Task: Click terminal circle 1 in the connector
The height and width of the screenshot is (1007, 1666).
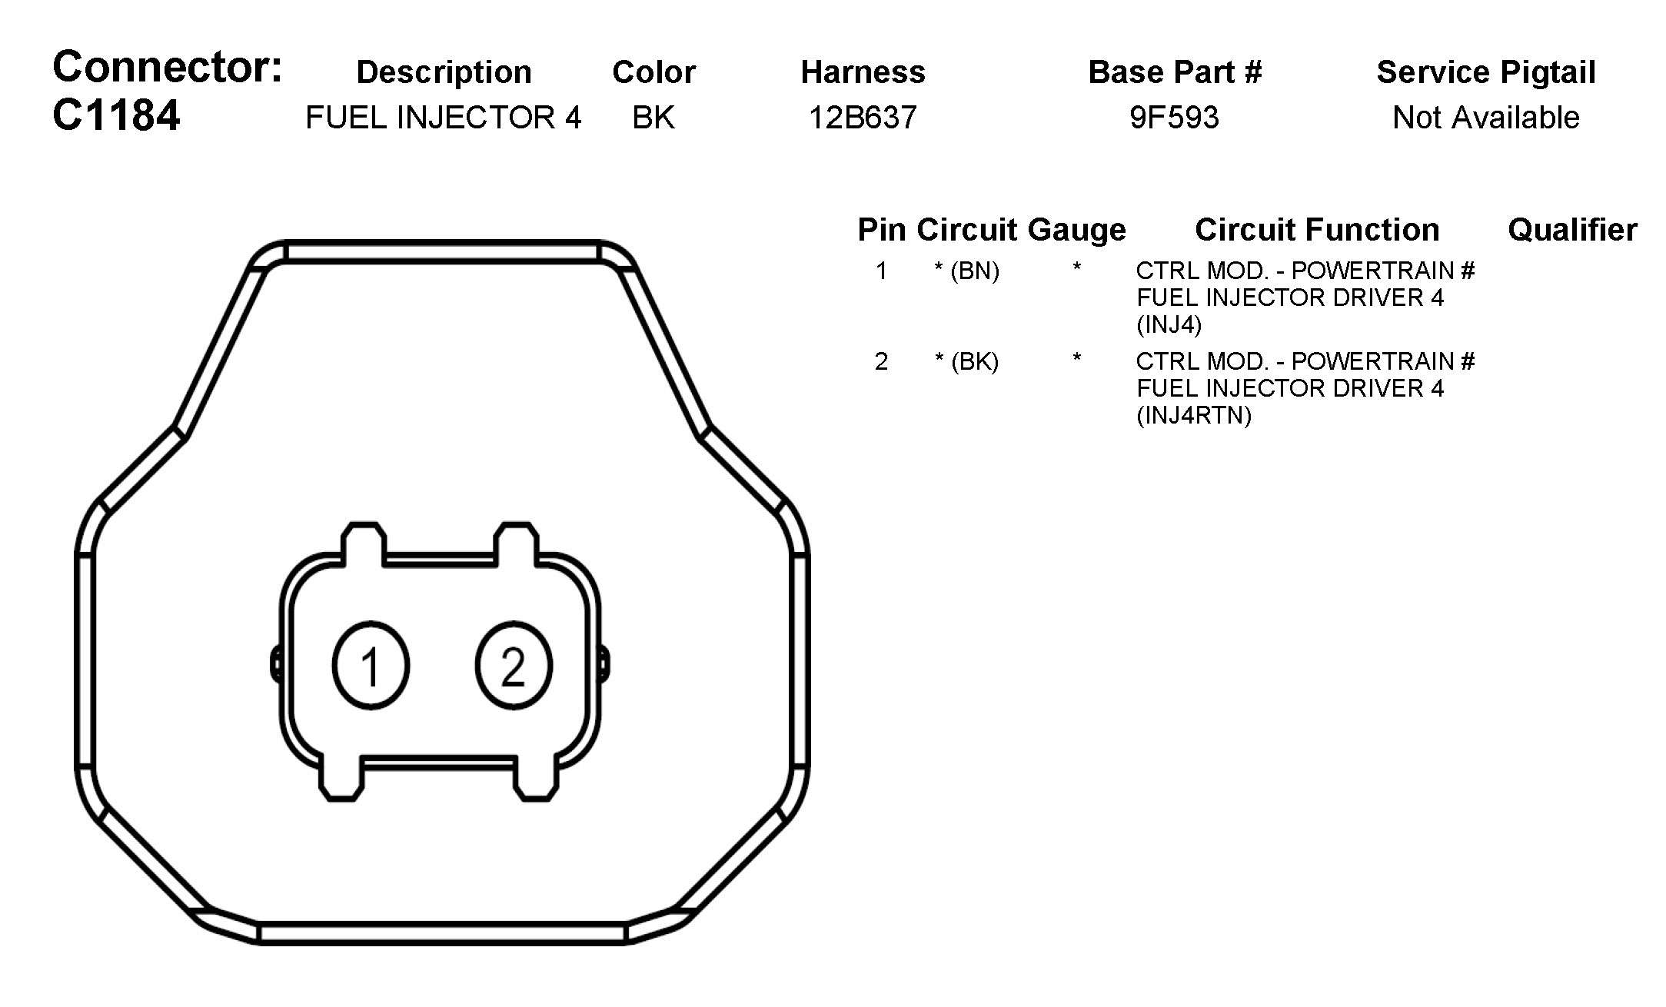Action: click(x=371, y=666)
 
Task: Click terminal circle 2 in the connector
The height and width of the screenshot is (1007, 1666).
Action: click(x=514, y=666)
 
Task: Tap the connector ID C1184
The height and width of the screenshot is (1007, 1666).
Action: click(x=116, y=116)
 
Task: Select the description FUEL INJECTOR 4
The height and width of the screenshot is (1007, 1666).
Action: click(x=444, y=118)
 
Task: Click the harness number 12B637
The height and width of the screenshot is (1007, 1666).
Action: click(x=863, y=118)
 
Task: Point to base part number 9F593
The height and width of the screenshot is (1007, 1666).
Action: click(x=1174, y=118)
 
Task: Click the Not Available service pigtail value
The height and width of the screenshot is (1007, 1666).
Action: click(x=1486, y=118)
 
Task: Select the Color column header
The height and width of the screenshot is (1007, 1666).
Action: click(x=653, y=72)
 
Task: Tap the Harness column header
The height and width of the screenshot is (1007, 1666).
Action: click(x=863, y=72)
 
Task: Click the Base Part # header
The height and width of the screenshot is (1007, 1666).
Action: click(x=1175, y=72)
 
